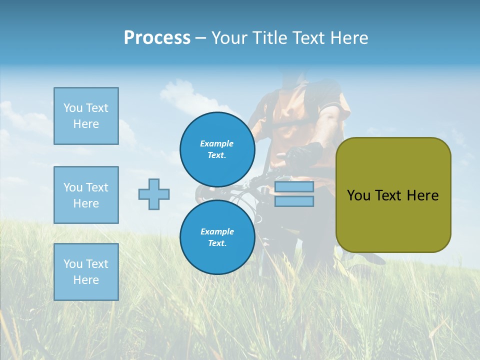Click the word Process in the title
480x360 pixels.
pos(157,38)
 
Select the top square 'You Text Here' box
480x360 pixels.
pos(86,116)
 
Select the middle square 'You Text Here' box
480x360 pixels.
pos(86,195)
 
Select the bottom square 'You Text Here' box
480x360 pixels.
pos(86,272)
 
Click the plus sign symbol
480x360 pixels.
pos(154,194)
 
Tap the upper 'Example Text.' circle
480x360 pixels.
pos(217,149)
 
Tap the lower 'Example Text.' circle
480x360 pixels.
pos(217,237)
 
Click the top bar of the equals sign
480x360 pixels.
pos(294,187)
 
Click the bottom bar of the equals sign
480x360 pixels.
pos(294,201)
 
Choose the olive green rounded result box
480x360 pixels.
pos(393,195)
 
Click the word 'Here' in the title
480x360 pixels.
pos(348,38)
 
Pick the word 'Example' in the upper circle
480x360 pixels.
pos(217,143)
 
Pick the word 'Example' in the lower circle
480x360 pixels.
pos(217,231)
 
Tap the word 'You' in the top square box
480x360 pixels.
pos(73,108)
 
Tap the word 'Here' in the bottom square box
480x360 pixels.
pos(86,280)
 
